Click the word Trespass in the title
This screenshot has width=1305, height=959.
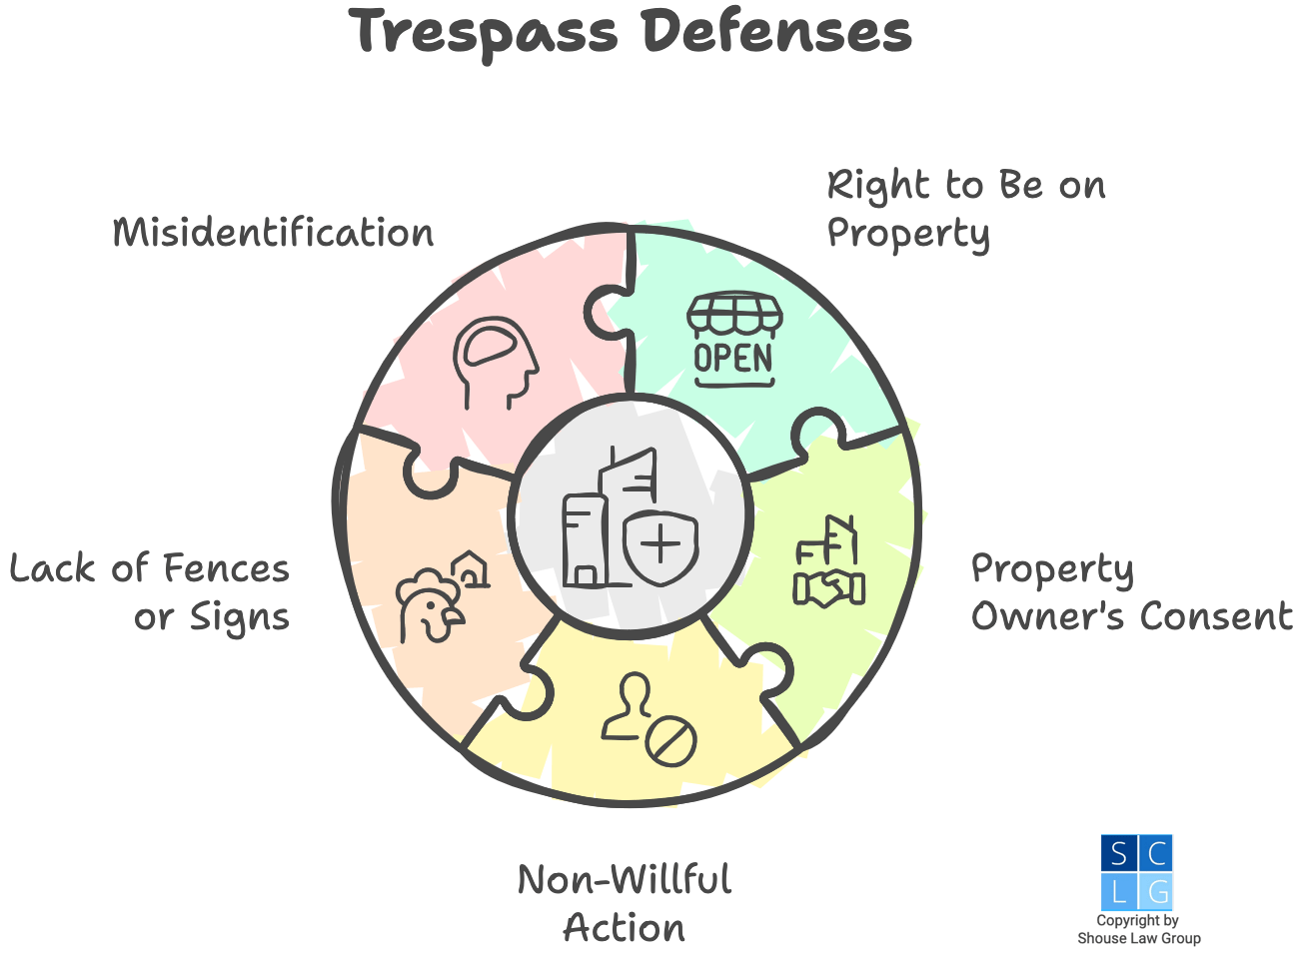coord(486,32)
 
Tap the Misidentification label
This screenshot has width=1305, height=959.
coord(273,233)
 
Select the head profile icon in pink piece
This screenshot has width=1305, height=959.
coord(495,362)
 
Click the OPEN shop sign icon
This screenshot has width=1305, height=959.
coord(734,340)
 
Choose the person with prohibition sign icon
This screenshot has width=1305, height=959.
coord(649,720)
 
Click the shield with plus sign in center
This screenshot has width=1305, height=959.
coord(659,545)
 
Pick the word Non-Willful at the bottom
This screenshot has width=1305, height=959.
coord(625,880)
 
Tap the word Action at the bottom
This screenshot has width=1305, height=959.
coord(625,928)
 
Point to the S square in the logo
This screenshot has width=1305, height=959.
coord(1118,853)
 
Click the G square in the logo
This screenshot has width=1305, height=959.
coord(1156,890)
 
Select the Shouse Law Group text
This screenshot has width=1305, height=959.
coord(1139,938)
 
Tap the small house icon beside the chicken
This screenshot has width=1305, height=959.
coord(472,569)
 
